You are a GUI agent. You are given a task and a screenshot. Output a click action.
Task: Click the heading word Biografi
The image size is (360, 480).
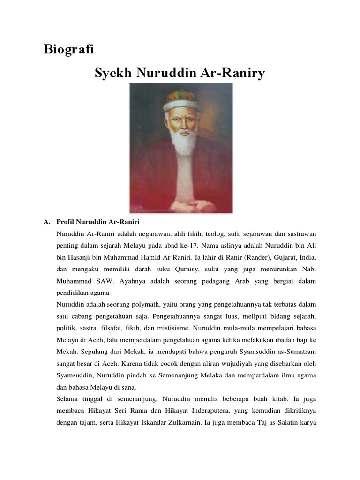point(69,50)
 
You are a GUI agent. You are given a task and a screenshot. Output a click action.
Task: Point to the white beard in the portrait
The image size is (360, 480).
point(183,143)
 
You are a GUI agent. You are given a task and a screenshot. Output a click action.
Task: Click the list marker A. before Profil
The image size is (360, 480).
point(46,221)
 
